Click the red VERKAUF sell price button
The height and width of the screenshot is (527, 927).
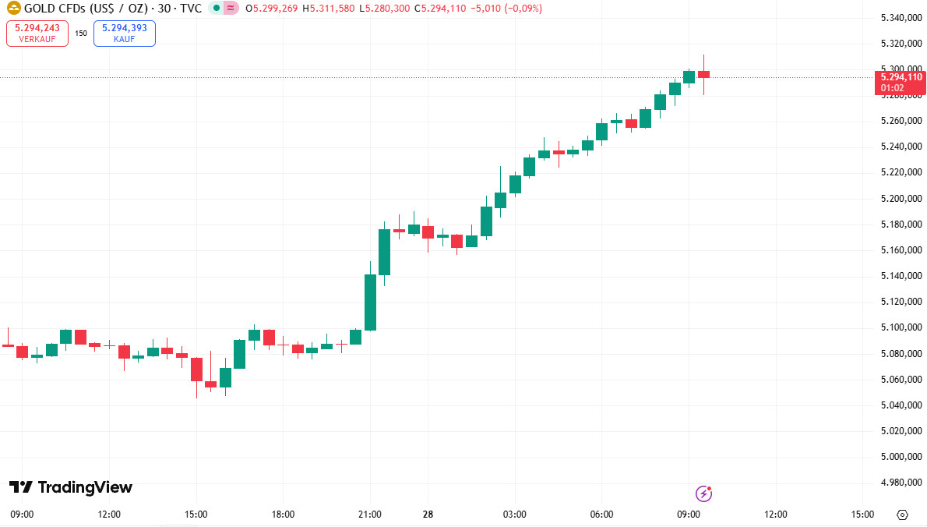(x=37, y=33)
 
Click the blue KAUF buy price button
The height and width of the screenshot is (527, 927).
(x=124, y=33)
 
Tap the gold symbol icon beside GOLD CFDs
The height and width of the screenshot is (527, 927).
(x=12, y=9)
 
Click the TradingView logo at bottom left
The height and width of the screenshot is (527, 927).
(x=71, y=487)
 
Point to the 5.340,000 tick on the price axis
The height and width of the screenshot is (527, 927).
(x=901, y=18)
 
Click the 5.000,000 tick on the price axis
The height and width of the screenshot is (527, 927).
(x=901, y=457)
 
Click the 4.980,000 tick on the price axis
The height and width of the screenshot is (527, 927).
(x=901, y=483)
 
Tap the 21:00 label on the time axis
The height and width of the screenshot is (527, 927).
(x=370, y=515)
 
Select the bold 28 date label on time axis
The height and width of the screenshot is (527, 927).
(x=427, y=515)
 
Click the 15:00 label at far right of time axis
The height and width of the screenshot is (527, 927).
(x=862, y=515)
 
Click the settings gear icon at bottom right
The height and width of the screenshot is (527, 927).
(x=903, y=515)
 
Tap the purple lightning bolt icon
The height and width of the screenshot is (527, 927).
(x=703, y=493)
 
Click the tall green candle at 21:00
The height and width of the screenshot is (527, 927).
(x=370, y=302)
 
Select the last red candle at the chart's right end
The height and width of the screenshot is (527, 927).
(x=703, y=74)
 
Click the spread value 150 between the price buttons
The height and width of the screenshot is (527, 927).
(x=81, y=34)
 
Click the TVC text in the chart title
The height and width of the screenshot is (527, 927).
(x=190, y=9)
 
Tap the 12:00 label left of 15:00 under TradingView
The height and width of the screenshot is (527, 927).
(x=109, y=515)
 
